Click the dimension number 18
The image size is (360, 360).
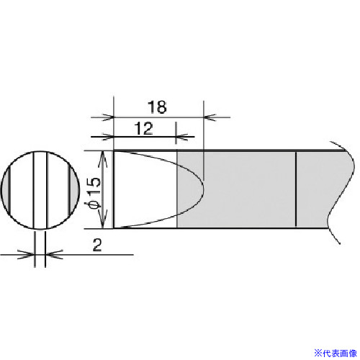tap(157, 107)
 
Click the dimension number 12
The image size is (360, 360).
tap(144, 129)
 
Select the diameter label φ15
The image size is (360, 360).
tap(94, 193)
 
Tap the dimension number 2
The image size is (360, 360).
tap(97, 246)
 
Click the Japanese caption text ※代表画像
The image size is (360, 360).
tap(336, 354)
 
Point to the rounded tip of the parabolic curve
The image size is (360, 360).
tap(204, 189)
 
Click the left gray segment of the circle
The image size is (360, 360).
tap(6, 189)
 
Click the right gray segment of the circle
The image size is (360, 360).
tap(73, 190)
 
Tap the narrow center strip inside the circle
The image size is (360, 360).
tap(40, 190)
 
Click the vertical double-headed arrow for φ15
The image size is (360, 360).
tap(103, 189)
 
